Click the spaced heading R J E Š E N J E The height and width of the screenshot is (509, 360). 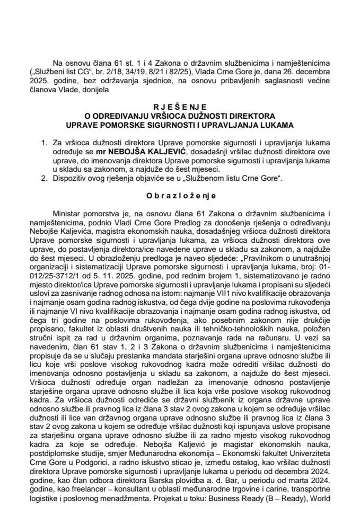180,106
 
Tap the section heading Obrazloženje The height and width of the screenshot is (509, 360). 180,196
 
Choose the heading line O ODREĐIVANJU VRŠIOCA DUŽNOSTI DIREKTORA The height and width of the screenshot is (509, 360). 180,115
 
